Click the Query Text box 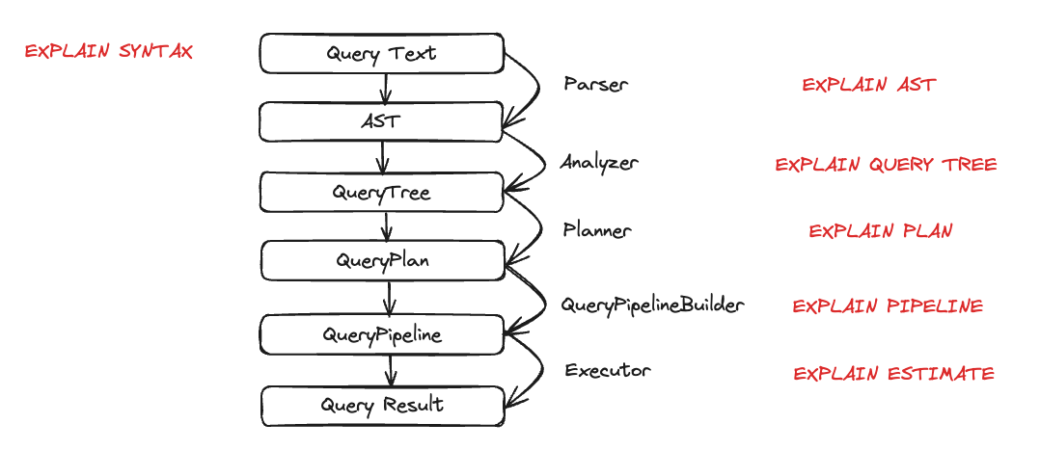381,54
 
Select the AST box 381,122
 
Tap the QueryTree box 381,192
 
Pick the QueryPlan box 383,260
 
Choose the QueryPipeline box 383,334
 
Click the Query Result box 383,405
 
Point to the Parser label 595,84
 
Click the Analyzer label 599,163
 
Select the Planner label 597,230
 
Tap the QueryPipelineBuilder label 653,305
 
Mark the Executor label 608,370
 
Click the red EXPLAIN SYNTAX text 108,52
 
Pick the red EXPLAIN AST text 868,85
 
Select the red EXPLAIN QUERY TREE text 886,165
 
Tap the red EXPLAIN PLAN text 880,231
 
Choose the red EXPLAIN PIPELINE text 888,306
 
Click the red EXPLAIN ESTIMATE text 893,374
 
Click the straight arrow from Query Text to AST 385,89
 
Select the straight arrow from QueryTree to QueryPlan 387,226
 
